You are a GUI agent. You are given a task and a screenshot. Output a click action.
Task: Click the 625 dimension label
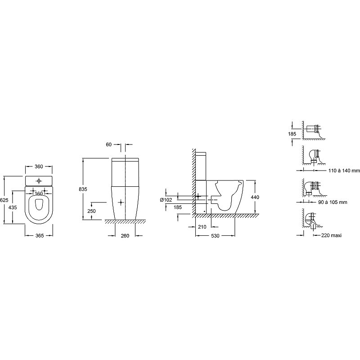[x=4, y=200]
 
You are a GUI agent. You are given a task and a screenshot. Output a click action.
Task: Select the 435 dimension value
[x=13, y=207]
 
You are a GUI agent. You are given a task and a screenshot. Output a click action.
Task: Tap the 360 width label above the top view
[x=39, y=166]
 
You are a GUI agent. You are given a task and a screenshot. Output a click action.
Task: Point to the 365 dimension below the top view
[x=40, y=235]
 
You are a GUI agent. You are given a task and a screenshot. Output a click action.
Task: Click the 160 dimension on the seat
[x=39, y=193]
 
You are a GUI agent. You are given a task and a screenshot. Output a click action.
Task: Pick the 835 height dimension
[x=83, y=189]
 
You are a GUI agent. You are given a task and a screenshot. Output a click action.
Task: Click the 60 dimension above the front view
[x=108, y=144]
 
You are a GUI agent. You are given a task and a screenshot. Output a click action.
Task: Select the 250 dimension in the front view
[x=91, y=211]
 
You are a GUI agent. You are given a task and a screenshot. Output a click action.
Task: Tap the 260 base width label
[x=125, y=236]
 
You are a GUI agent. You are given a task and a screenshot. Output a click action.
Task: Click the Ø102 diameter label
[x=166, y=200]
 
